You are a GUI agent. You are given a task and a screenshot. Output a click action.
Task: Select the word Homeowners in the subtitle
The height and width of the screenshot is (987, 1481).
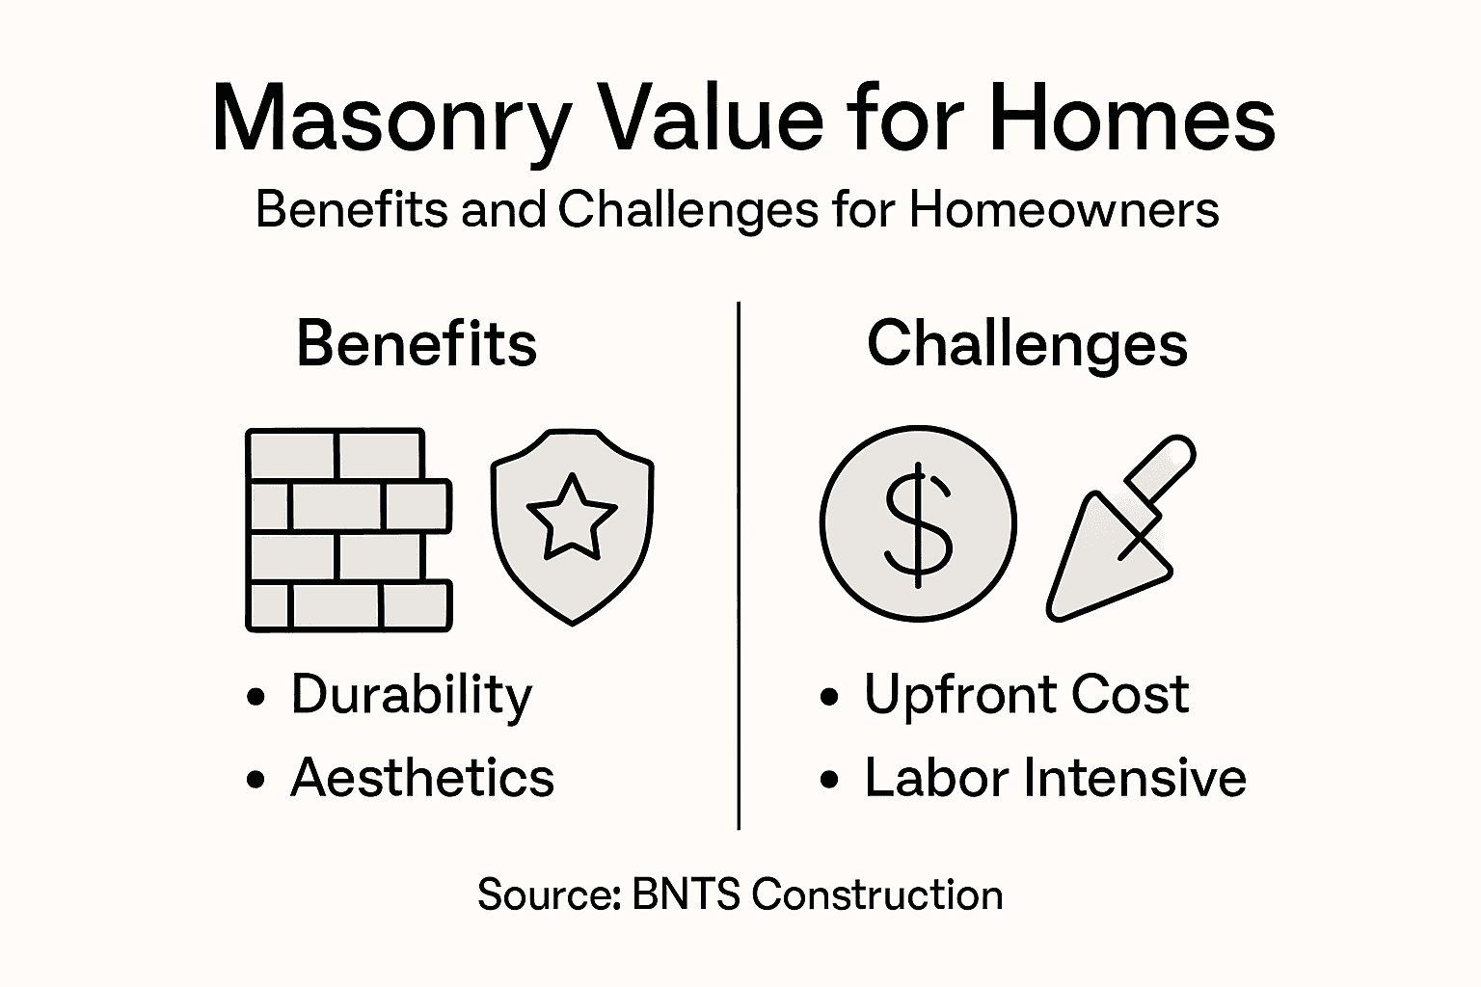[1064, 209]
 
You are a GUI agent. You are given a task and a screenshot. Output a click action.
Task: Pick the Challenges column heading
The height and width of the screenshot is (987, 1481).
[1027, 345]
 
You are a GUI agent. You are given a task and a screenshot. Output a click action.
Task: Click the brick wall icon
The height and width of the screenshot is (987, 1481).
[348, 530]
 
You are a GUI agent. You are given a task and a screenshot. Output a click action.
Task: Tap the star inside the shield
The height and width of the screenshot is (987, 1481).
[571, 517]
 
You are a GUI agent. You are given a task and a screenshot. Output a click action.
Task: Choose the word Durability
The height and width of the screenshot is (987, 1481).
[411, 696]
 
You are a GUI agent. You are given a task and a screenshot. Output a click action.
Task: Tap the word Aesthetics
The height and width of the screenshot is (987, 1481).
[422, 778]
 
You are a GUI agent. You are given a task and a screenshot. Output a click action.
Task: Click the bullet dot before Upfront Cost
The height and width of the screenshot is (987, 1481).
[829, 698]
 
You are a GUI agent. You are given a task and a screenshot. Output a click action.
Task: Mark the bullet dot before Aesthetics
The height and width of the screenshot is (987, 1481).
[256, 780]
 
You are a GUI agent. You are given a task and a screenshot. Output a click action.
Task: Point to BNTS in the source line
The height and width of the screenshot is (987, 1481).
[686, 894]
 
